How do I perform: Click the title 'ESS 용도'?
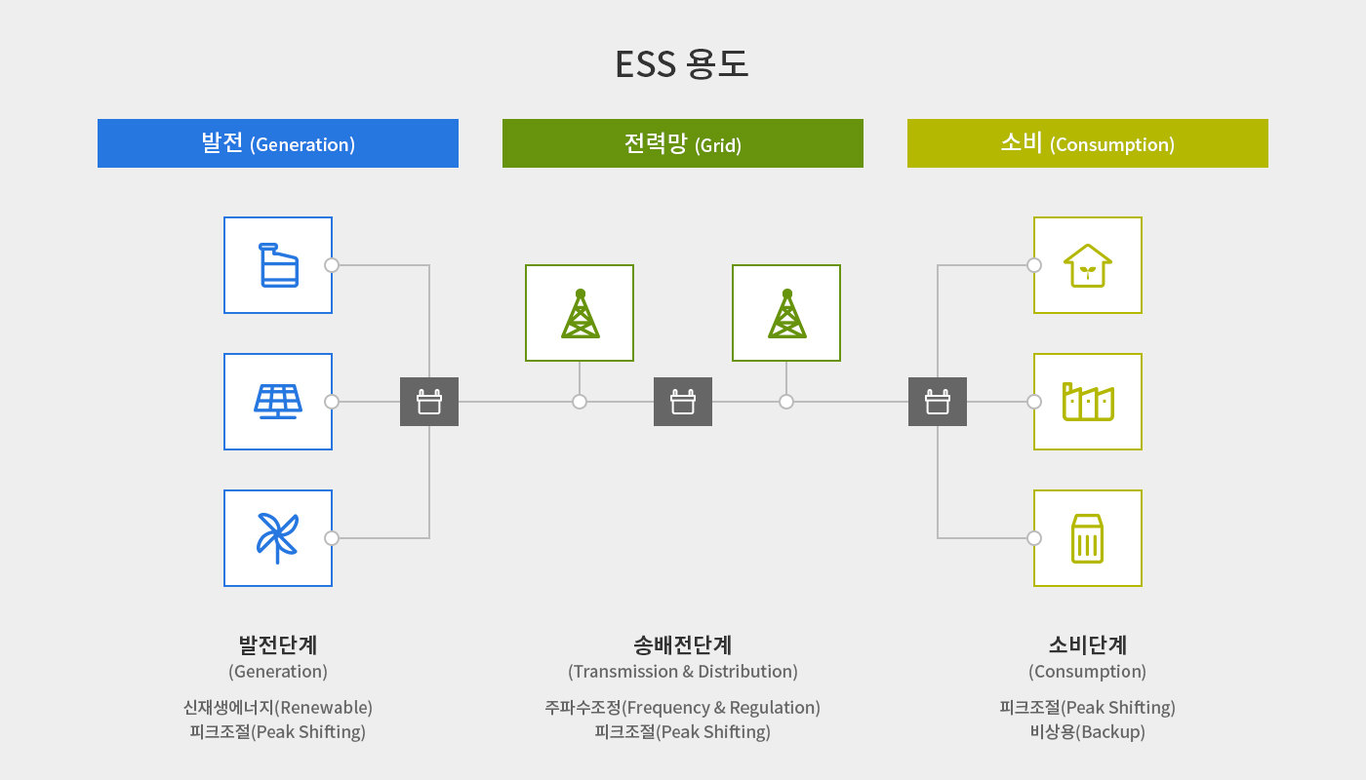pos(682,64)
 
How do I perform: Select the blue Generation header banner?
pos(278,143)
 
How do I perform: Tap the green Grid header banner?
pos(683,143)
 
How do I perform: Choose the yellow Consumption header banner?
pos(1088,143)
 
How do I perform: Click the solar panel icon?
pos(278,402)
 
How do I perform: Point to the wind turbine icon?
pos(278,538)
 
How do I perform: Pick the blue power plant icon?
pos(279,265)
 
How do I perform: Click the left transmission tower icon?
pos(580,313)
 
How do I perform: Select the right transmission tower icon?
pos(786,313)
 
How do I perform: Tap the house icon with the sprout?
pos(1088,265)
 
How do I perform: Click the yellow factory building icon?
pos(1088,402)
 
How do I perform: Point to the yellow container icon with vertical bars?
pos(1087,538)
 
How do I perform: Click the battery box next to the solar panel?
pos(429,402)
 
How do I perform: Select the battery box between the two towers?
pos(683,402)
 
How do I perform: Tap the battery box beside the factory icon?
pos(938,402)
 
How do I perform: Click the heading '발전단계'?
pos(278,644)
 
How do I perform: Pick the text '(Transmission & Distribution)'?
pos(683,672)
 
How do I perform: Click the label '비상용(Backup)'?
pos(1088,731)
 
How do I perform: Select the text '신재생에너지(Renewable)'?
pos(278,708)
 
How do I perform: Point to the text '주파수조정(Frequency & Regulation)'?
pos(682,708)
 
